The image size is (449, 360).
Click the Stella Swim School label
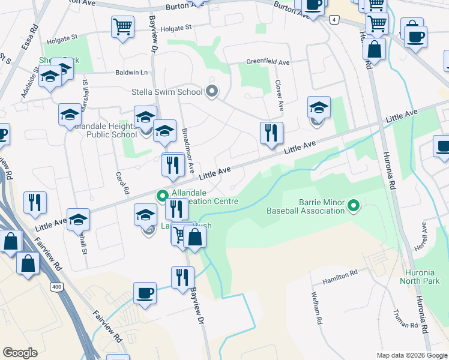(x=167, y=92)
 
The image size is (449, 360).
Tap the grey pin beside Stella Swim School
(x=211, y=92)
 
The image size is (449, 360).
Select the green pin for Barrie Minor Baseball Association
(x=354, y=206)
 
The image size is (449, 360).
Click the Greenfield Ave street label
(x=268, y=62)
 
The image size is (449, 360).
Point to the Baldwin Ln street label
(x=131, y=73)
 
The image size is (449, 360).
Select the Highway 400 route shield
(x=56, y=287)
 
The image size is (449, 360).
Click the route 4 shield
(x=334, y=20)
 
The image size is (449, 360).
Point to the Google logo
(x=20, y=353)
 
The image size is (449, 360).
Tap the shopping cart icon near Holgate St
(x=122, y=26)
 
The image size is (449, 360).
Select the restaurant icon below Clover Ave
(x=271, y=133)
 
